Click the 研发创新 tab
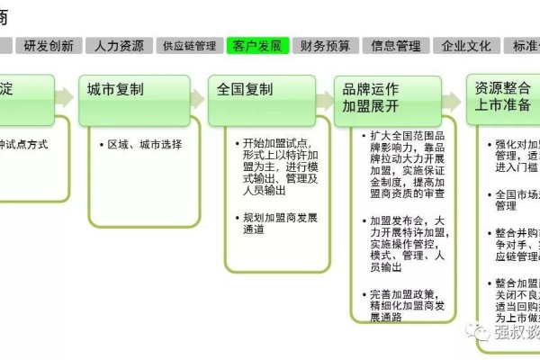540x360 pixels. [x=49, y=46]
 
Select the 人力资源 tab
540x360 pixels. [x=119, y=46]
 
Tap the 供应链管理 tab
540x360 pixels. [x=188, y=46]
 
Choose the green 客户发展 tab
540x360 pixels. [x=257, y=46]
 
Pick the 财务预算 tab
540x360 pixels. [x=326, y=46]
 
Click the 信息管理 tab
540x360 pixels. [x=396, y=46]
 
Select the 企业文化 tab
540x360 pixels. [x=466, y=46]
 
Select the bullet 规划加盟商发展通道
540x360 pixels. [x=270, y=223]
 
